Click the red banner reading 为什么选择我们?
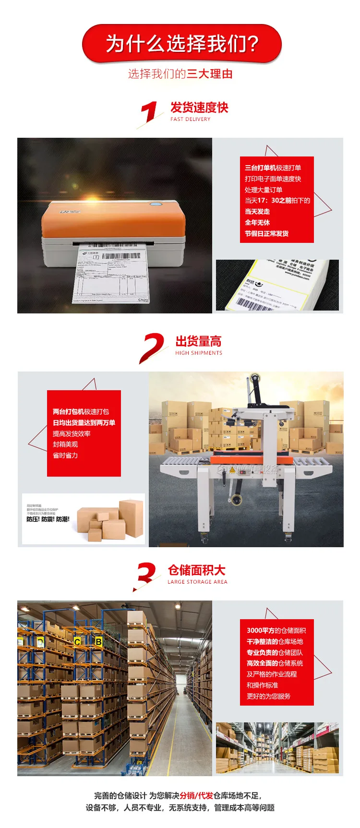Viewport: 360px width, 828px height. [181, 44]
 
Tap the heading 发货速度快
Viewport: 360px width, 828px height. [199, 108]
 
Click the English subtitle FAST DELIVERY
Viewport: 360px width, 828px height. [190, 119]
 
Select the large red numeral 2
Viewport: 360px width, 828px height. [151, 347]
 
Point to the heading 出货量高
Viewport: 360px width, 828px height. [198, 341]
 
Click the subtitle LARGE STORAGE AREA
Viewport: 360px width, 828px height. [197, 582]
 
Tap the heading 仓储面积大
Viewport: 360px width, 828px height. [196, 570]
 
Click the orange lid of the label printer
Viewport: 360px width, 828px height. [113, 218]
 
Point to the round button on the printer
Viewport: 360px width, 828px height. [156, 204]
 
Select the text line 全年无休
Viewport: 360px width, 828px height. [257, 223]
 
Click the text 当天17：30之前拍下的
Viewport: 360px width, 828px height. [277, 201]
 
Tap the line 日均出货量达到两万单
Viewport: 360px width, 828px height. [84, 423]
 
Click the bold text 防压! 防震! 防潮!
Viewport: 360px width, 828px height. [48, 519]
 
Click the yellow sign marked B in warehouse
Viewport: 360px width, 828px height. [98, 641]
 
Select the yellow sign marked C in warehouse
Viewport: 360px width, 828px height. [77, 642]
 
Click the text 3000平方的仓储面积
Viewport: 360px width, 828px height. [276, 631]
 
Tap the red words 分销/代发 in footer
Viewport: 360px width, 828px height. [196, 795]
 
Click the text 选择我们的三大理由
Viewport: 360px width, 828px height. [180, 74]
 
